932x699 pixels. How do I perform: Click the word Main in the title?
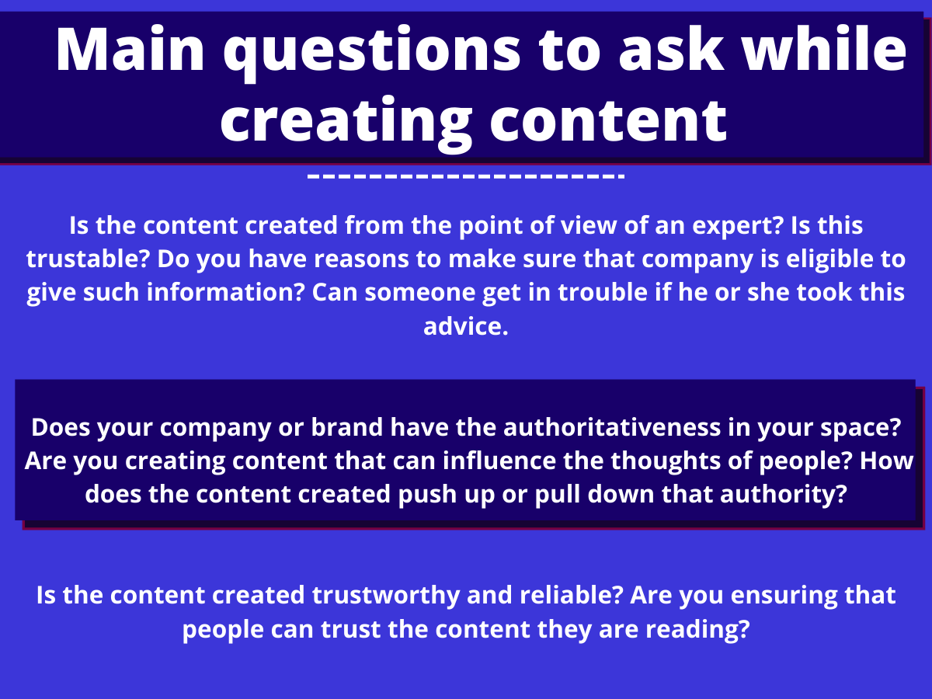(x=130, y=49)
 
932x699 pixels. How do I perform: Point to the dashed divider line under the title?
(x=466, y=176)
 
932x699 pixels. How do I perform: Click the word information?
(x=226, y=293)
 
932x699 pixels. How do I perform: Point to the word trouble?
(x=603, y=293)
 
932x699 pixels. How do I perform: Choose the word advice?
(x=466, y=326)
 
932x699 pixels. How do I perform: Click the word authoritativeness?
(x=612, y=427)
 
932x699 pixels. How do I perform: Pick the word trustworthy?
(x=386, y=596)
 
